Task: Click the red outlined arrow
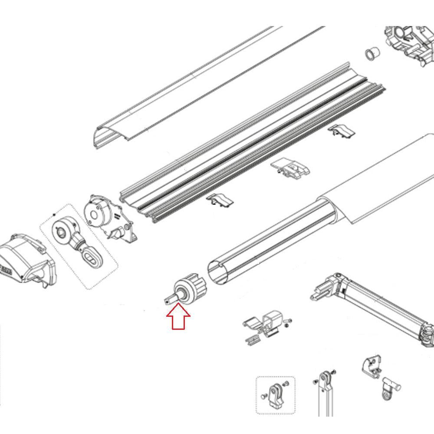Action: pyautogui.click(x=178, y=317)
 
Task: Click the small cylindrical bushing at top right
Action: pyautogui.click(x=372, y=53)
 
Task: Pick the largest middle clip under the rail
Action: pyautogui.click(x=291, y=169)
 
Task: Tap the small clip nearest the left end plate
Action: pyautogui.click(x=220, y=200)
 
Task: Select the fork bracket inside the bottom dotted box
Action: pyautogui.click(x=275, y=395)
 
